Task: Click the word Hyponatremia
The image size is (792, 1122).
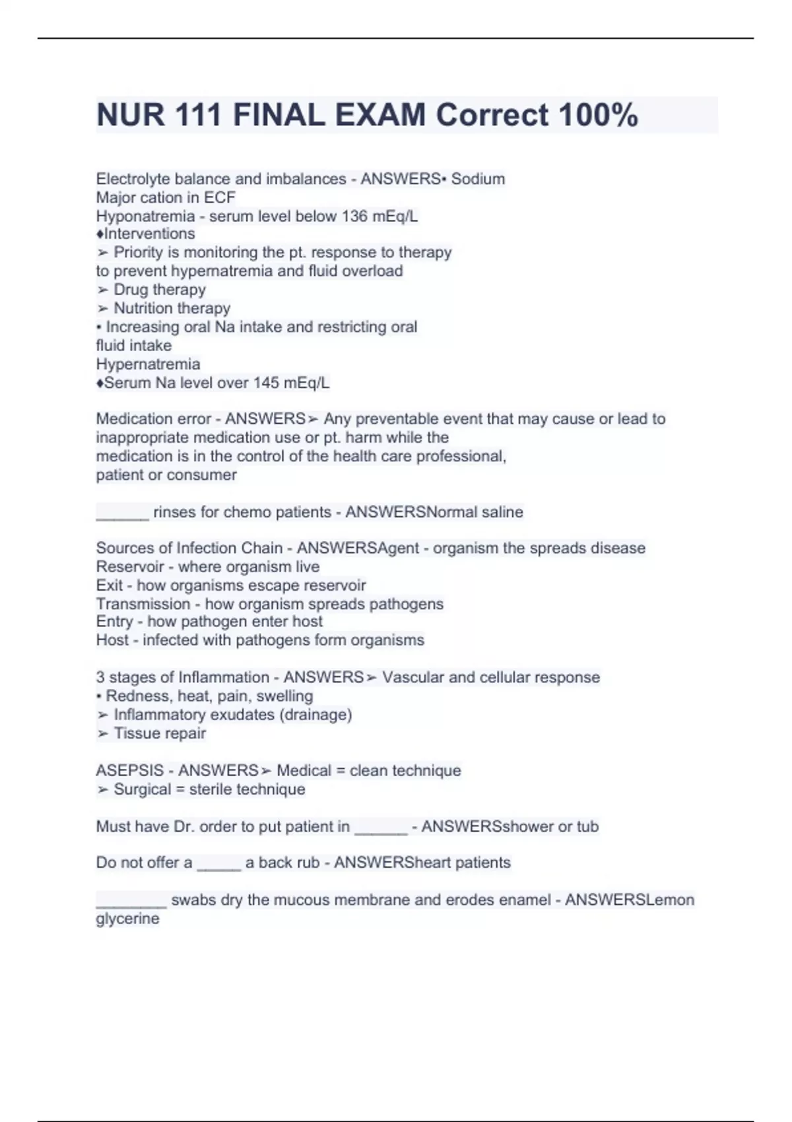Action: pyautogui.click(x=145, y=216)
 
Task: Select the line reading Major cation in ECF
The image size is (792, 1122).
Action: pyautogui.click(x=166, y=197)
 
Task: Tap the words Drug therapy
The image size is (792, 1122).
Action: pyautogui.click(x=160, y=290)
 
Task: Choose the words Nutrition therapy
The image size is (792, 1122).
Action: pyautogui.click(x=172, y=308)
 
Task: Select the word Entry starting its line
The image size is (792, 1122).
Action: pyautogui.click(x=114, y=622)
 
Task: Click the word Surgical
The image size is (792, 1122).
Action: pyautogui.click(x=143, y=789)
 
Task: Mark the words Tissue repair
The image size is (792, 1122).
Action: pyautogui.click(x=160, y=733)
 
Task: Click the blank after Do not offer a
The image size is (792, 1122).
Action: pyautogui.click(x=219, y=865)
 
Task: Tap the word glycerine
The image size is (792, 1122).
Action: pyautogui.click(x=127, y=919)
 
